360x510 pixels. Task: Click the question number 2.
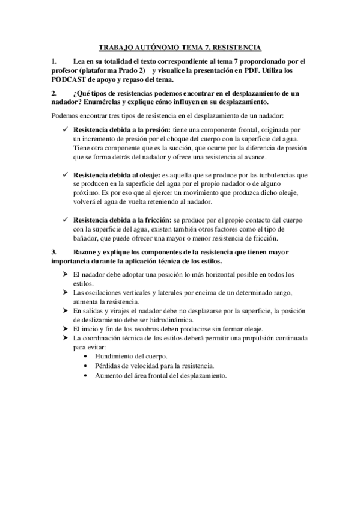[55, 94]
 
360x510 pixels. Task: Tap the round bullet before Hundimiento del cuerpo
[88, 356]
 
